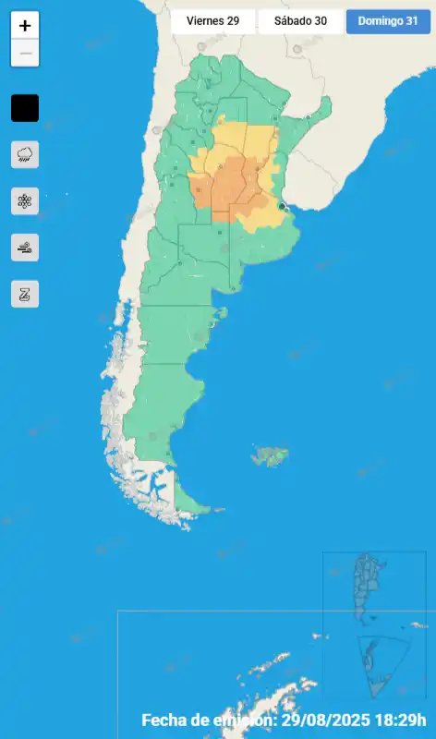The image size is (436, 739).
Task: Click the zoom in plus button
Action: point(25,26)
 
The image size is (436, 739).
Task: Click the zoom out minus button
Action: point(25,54)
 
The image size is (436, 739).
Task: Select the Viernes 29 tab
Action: point(212,21)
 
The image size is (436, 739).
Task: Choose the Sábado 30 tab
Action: point(301,21)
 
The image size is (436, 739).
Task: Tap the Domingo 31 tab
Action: point(388,21)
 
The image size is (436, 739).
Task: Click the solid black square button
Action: point(25,108)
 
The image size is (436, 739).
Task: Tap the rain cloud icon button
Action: point(25,154)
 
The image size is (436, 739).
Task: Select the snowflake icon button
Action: point(25,200)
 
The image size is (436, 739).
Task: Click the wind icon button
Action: point(25,248)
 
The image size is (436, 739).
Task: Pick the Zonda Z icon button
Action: point(25,294)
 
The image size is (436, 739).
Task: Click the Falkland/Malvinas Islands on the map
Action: point(271,455)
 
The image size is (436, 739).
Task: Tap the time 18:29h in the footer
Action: point(406,720)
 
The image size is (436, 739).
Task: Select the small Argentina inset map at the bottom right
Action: point(370,587)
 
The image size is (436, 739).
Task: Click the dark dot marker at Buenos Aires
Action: point(282,206)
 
